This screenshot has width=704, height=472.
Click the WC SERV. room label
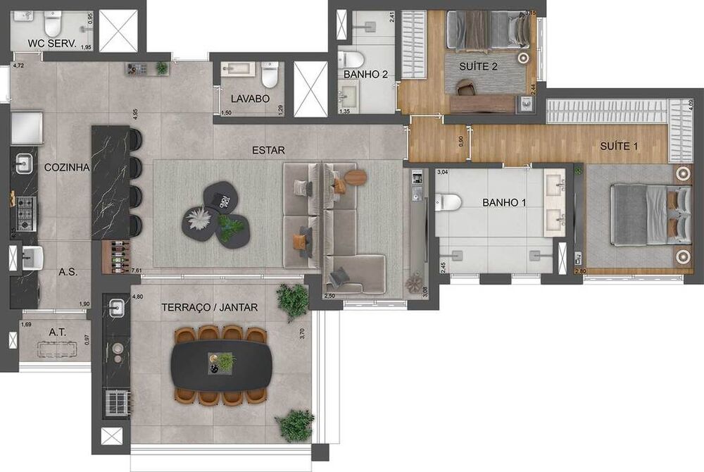51,43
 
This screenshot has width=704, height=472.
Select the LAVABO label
249,99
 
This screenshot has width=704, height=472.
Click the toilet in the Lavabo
270,74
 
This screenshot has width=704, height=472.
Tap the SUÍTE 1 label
620,147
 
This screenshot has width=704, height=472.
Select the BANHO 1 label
502,202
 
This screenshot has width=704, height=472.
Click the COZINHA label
66,168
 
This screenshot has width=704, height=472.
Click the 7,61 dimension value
139,270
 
